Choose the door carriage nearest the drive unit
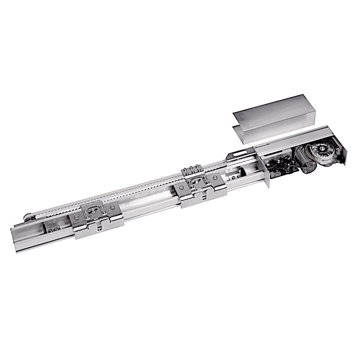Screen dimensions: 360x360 pos(200,186)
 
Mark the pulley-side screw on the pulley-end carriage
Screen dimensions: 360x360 pos(77,217)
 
